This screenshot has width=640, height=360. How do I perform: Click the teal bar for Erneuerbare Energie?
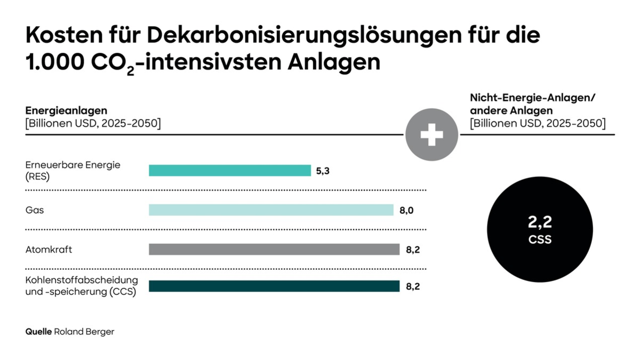[x=229, y=171]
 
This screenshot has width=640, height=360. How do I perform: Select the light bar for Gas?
[x=271, y=210]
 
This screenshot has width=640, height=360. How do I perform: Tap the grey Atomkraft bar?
[x=274, y=250]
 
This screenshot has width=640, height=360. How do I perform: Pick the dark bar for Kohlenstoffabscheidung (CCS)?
[x=274, y=286]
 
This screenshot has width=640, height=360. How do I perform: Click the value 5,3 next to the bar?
[x=323, y=171]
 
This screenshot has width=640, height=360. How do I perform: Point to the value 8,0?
[x=406, y=210]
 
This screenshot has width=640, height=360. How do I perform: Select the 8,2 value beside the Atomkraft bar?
[x=413, y=250]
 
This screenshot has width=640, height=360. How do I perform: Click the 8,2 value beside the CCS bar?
[x=413, y=287]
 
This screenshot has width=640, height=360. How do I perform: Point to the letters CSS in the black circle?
[x=540, y=240]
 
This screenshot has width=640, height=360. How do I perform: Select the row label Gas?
[x=35, y=210]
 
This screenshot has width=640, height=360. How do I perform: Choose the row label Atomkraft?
[x=49, y=250]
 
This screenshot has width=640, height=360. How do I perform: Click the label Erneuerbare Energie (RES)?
[x=73, y=171]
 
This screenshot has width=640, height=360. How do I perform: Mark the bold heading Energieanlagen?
[x=67, y=111]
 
